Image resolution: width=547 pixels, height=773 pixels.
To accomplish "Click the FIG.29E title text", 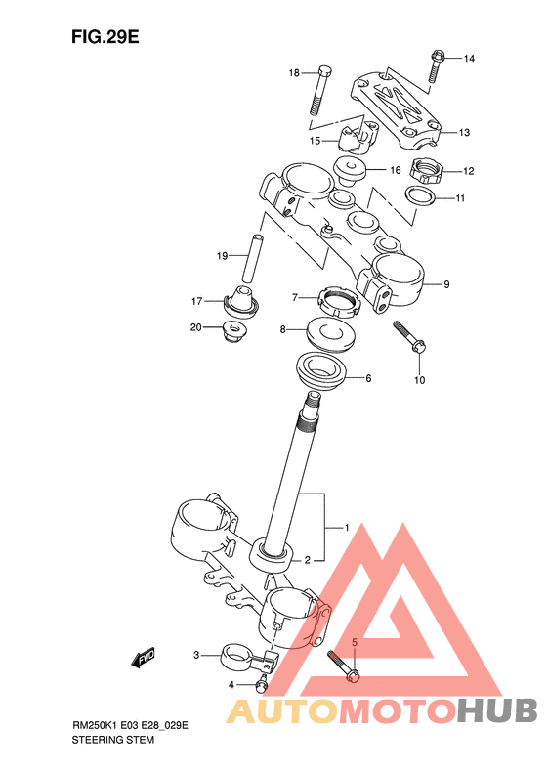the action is (x=105, y=37).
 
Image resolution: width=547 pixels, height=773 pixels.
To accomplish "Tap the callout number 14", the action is (x=469, y=59).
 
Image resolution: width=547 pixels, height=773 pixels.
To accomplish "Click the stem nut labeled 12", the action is (x=426, y=171).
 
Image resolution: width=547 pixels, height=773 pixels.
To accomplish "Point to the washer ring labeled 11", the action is (x=420, y=195).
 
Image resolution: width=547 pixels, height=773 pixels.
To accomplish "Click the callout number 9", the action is (x=446, y=284).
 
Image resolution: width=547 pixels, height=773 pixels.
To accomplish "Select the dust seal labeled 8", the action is (x=330, y=335).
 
